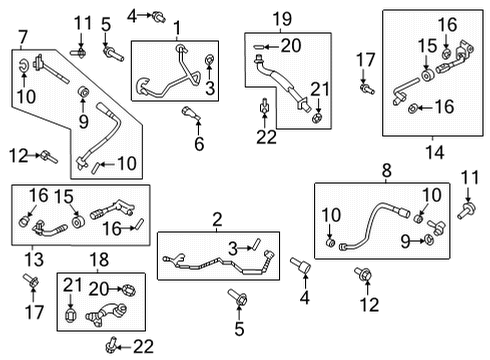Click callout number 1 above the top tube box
tap(177, 28)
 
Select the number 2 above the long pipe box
tap(217, 220)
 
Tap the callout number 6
tap(199, 144)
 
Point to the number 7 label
tap(23, 37)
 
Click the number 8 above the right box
tap(386, 171)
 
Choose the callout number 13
tap(34, 259)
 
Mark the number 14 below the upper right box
tap(435, 153)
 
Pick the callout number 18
tap(99, 259)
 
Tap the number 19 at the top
tap(283, 19)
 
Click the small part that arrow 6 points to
tap(191, 113)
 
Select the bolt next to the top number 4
tap(159, 16)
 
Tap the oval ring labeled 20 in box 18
tap(129, 290)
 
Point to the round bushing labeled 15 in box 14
tap(427, 75)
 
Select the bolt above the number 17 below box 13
tap(31, 280)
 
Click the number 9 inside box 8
tap(405, 241)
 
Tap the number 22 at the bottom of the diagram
tap(143, 347)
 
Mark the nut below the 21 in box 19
tap(318, 118)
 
